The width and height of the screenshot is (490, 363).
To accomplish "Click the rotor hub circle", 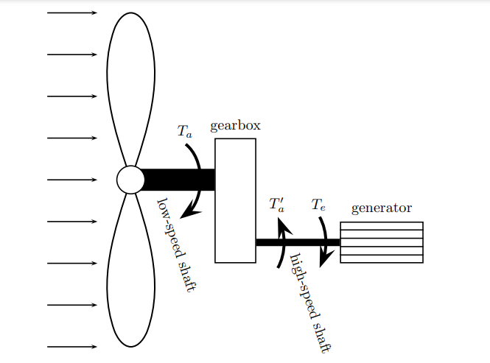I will tap(130, 180).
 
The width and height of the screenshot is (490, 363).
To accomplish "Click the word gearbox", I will tap(235, 126).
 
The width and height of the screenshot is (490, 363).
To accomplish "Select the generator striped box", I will tap(381, 242).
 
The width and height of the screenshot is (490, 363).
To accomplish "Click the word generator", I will tap(381, 208).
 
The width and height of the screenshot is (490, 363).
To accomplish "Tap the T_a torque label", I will tap(184, 132).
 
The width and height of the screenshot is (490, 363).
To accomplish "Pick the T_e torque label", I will tap(318, 204).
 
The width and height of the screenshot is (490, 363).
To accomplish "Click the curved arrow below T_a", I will tap(196, 180).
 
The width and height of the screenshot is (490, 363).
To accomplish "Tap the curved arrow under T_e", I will tap(324, 239).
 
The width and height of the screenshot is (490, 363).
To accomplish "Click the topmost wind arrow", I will tap(71, 13).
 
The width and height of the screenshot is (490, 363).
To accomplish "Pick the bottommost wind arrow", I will tap(71, 346).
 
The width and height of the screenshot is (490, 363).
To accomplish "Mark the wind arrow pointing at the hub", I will tap(71, 180).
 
